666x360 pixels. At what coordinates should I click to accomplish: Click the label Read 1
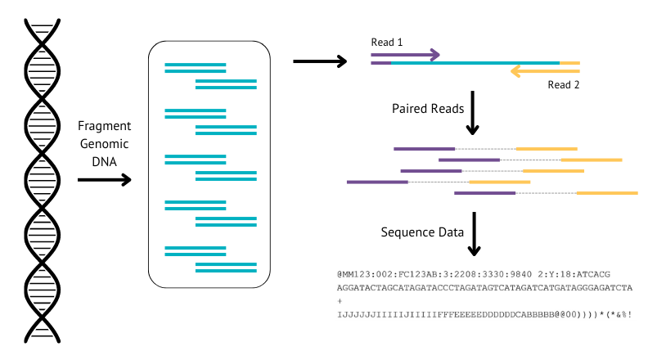coord(387,42)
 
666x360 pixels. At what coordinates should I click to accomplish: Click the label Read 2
coord(563,84)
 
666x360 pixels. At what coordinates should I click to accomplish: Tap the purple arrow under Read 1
coord(406,55)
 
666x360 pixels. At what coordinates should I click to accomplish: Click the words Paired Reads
coord(428,109)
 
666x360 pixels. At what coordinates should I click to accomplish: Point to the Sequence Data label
coord(422,232)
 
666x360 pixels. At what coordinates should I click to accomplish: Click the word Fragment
coord(104,127)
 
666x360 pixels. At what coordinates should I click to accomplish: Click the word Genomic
coord(104,143)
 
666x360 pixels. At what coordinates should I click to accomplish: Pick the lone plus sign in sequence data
coord(340,301)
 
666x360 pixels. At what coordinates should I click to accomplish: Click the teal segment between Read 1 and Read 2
coord(475,62)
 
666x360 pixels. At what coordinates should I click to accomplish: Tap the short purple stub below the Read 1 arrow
coord(380,62)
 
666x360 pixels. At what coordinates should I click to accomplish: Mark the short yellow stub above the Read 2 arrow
coord(570,62)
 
